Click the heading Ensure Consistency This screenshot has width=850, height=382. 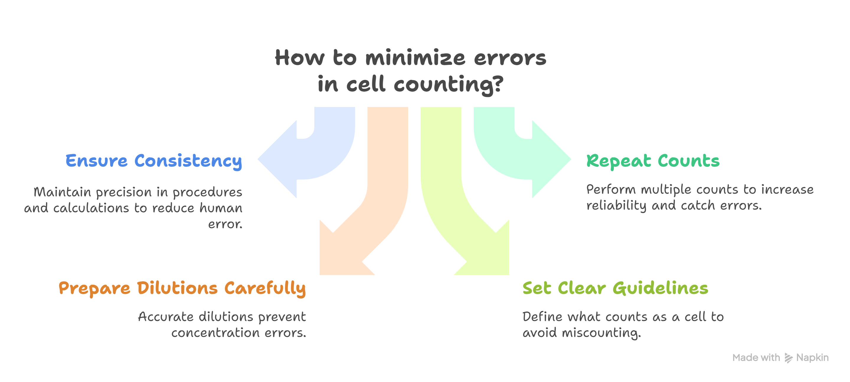tap(153, 161)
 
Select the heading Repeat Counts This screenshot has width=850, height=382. tap(653, 161)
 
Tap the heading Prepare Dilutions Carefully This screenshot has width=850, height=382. tap(182, 288)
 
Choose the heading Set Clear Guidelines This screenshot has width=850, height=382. tap(615, 288)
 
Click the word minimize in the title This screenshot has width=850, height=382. tap(415, 58)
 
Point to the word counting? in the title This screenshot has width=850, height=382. tap(449, 84)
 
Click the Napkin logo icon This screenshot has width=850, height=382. tap(788, 358)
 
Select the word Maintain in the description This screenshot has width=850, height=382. tap(62, 192)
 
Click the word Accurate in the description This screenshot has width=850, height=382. tap(166, 317)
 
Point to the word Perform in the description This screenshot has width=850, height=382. tap(611, 190)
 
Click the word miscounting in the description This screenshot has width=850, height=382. tap(601, 333)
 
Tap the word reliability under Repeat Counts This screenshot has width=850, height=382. tap(616, 206)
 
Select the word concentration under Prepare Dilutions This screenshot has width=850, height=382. tap(215, 333)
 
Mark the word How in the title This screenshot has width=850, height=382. tap(300, 58)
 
